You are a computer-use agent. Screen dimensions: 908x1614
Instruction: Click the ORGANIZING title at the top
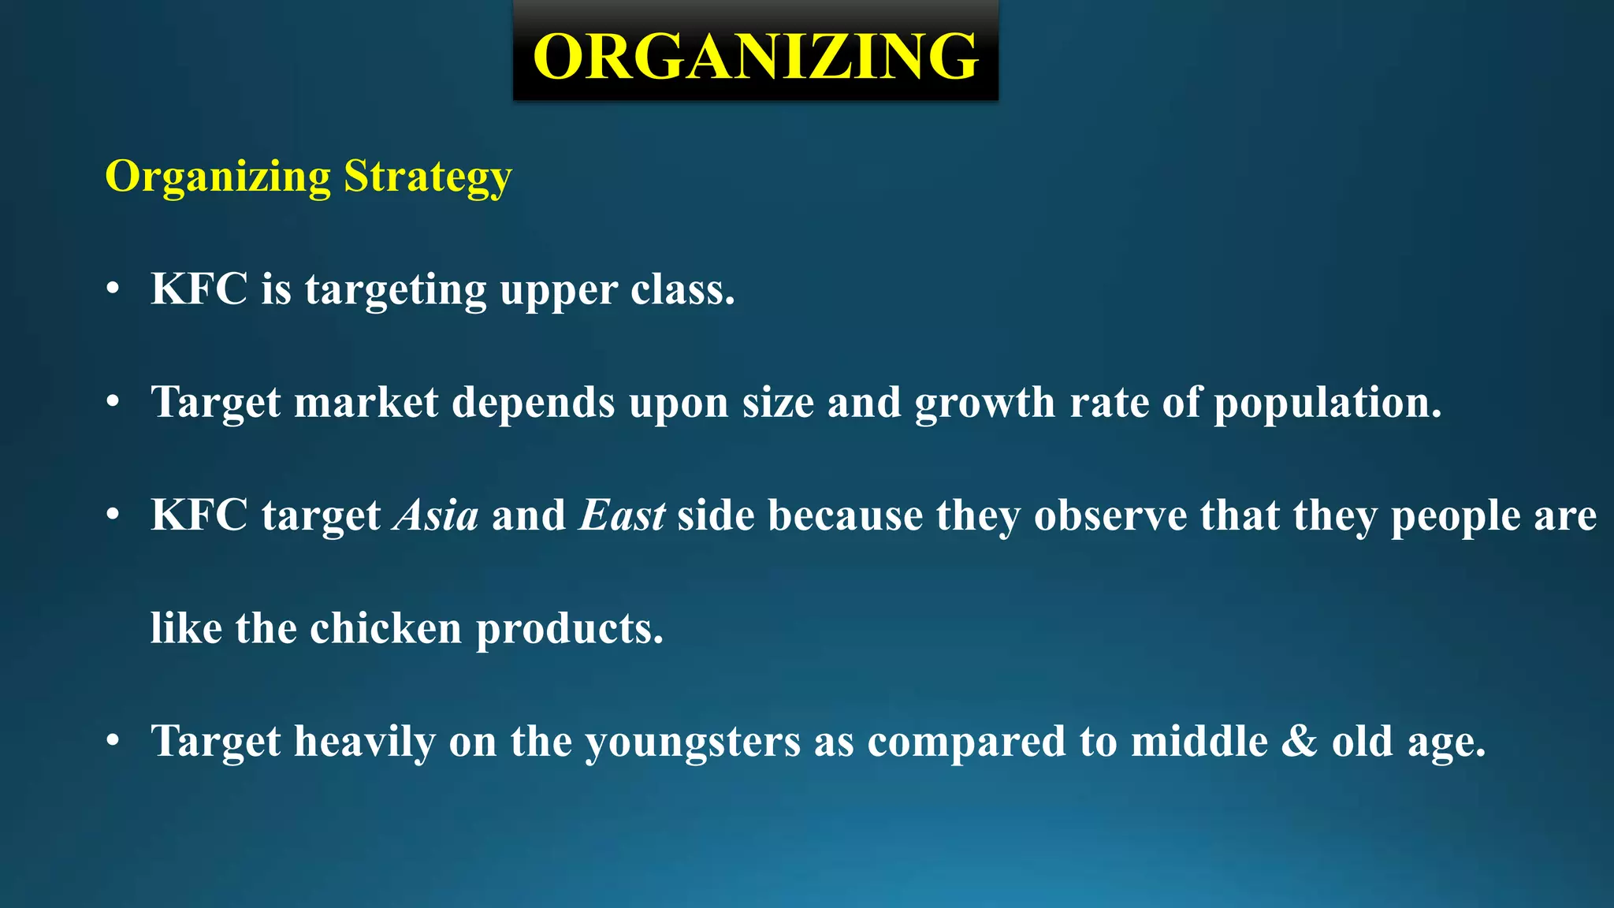click(756, 56)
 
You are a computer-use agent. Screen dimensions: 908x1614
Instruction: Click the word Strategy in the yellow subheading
click(428, 177)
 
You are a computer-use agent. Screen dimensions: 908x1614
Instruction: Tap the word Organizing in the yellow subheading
click(218, 177)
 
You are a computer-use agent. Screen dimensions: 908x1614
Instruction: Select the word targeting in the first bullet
click(396, 290)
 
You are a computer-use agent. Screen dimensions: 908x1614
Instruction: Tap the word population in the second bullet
click(1327, 404)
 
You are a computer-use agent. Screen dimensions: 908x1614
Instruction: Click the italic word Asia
click(436, 515)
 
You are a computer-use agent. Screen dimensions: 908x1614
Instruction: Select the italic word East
click(622, 515)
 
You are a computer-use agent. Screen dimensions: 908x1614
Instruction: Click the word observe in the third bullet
click(1110, 515)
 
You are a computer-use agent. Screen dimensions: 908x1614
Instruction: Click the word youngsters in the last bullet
click(693, 742)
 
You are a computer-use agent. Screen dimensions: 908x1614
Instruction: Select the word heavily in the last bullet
click(365, 742)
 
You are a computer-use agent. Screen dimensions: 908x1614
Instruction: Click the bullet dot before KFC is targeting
click(113, 290)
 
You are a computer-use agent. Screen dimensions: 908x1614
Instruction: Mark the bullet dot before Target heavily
click(113, 742)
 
